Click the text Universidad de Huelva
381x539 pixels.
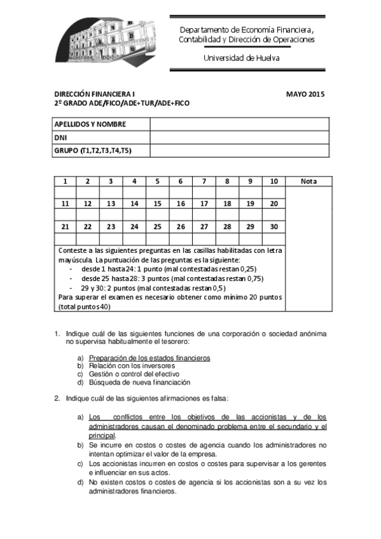pyautogui.click(x=241, y=58)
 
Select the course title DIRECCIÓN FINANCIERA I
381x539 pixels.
pyautogui.click(x=94, y=94)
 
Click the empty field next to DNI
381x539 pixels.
pyautogui.click(x=239, y=137)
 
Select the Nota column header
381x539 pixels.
pyautogui.click(x=308, y=181)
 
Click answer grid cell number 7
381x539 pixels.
pyautogui.click(x=204, y=181)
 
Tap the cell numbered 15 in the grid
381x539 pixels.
pyautogui.click(x=157, y=203)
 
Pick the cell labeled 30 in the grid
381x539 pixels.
pyautogui.click(x=274, y=226)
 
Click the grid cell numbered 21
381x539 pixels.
pyautogui.click(x=65, y=226)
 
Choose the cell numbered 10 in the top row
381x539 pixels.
pyautogui.click(x=274, y=181)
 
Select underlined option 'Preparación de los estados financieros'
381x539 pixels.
pyautogui.click(x=149, y=358)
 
